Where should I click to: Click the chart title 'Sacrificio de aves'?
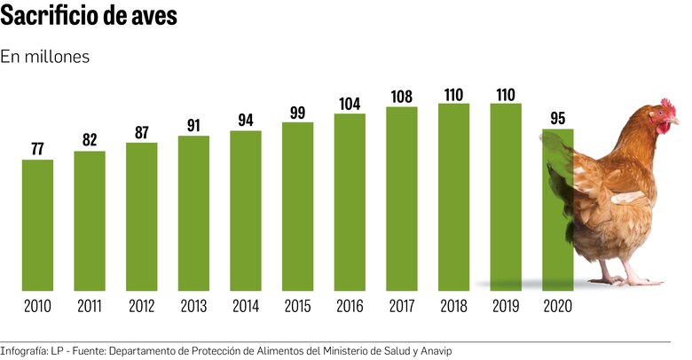point(89,17)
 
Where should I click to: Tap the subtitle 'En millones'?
point(45,57)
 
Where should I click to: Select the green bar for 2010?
point(37,225)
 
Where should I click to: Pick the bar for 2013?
point(193,213)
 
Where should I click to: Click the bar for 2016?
point(350,202)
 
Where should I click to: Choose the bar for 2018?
point(453,197)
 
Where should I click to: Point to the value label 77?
point(37,149)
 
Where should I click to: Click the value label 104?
point(350,103)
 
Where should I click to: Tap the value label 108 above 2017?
point(402,96)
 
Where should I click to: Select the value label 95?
point(558,118)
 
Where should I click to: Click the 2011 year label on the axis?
point(90,307)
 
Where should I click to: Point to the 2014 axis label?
point(246,307)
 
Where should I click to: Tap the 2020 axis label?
point(558,307)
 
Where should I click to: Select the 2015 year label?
point(297,307)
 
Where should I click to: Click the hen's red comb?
point(664,106)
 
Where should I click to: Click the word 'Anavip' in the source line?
point(434,351)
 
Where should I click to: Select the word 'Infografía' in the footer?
point(24,351)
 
